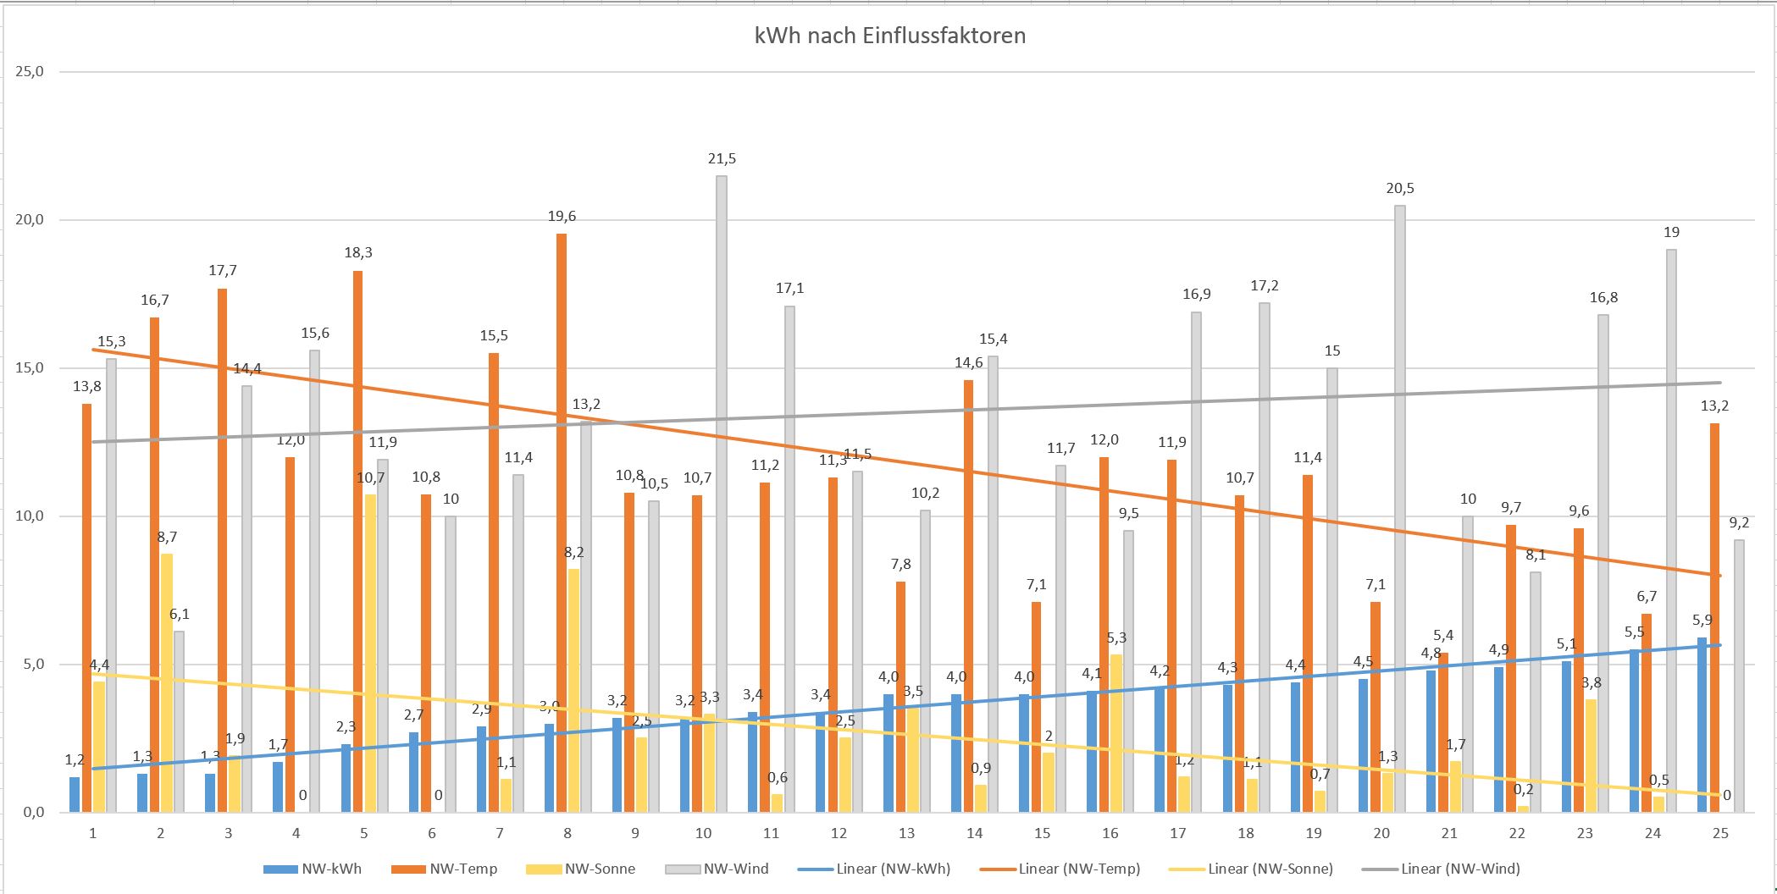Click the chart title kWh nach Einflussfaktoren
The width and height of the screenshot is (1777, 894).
click(889, 36)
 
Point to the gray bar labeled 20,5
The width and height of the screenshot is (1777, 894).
click(1400, 508)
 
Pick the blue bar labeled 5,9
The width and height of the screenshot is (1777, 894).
click(1702, 725)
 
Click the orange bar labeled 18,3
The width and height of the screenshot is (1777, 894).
click(358, 542)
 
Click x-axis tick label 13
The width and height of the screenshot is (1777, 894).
click(906, 834)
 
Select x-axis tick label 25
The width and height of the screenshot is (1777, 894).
click(1720, 834)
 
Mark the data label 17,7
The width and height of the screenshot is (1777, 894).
click(223, 271)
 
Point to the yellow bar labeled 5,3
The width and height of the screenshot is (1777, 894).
click(1116, 733)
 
